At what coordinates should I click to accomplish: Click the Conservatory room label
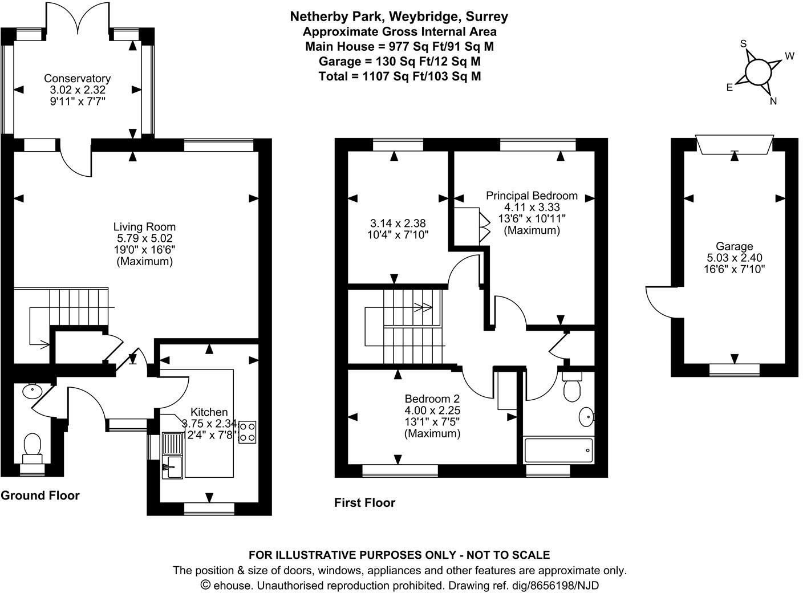click(x=77, y=79)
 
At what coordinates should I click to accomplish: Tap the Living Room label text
click(x=144, y=227)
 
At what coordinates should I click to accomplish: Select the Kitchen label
click(x=209, y=412)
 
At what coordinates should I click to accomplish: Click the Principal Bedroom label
click(x=532, y=196)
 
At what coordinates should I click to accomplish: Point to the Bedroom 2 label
click(x=432, y=399)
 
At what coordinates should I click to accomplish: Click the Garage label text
click(x=735, y=246)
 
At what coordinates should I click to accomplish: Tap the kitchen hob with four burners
click(x=248, y=432)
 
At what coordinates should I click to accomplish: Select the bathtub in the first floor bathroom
click(x=558, y=450)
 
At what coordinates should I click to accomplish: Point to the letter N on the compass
click(x=773, y=101)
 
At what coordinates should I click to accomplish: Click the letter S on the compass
click(x=743, y=44)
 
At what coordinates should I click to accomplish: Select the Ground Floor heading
click(x=40, y=495)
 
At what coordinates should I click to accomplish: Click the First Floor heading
click(x=364, y=503)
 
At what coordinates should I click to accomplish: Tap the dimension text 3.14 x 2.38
click(x=397, y=224)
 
